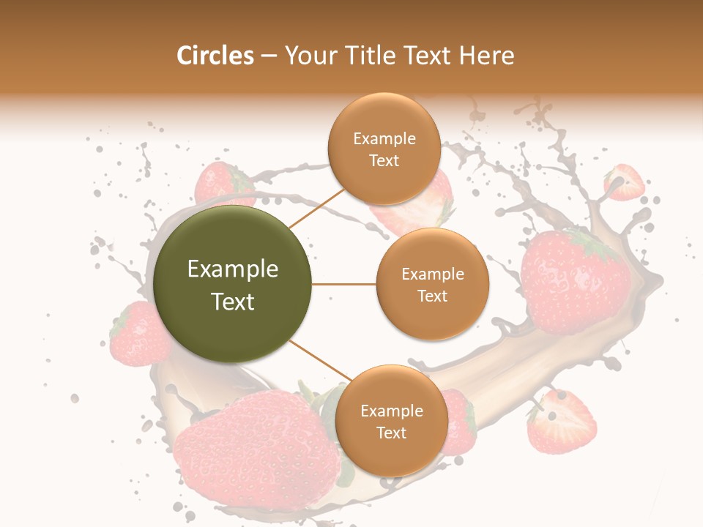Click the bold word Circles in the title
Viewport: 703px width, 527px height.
[215, 56]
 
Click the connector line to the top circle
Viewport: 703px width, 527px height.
[316, 208]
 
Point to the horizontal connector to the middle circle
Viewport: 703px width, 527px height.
[343, 284]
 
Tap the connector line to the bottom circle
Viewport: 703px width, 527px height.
[319, 360]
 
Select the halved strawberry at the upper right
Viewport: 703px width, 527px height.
[624, 183]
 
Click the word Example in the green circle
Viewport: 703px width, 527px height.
[233, 269]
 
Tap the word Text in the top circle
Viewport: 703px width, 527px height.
[384, 160]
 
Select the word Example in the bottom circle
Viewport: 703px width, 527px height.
[391, 411]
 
